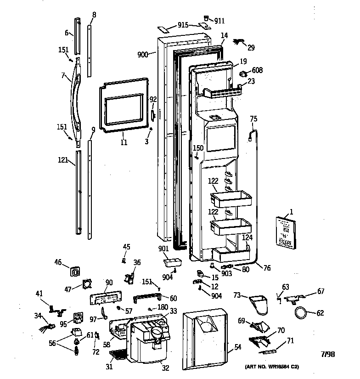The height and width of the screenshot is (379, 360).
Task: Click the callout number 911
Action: coord(219,21)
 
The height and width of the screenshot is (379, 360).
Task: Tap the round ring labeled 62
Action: coord(301,313)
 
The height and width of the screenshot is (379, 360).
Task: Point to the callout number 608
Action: coord(257,70)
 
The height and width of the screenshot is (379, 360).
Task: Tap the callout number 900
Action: coord(143,54)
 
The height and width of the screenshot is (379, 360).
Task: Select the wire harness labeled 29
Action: coord(239,43)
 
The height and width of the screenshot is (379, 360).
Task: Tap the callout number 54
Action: coord(237,347)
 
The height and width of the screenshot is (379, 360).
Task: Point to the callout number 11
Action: coord(123,142)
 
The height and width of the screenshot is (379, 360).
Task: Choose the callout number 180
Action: coord(163,307)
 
